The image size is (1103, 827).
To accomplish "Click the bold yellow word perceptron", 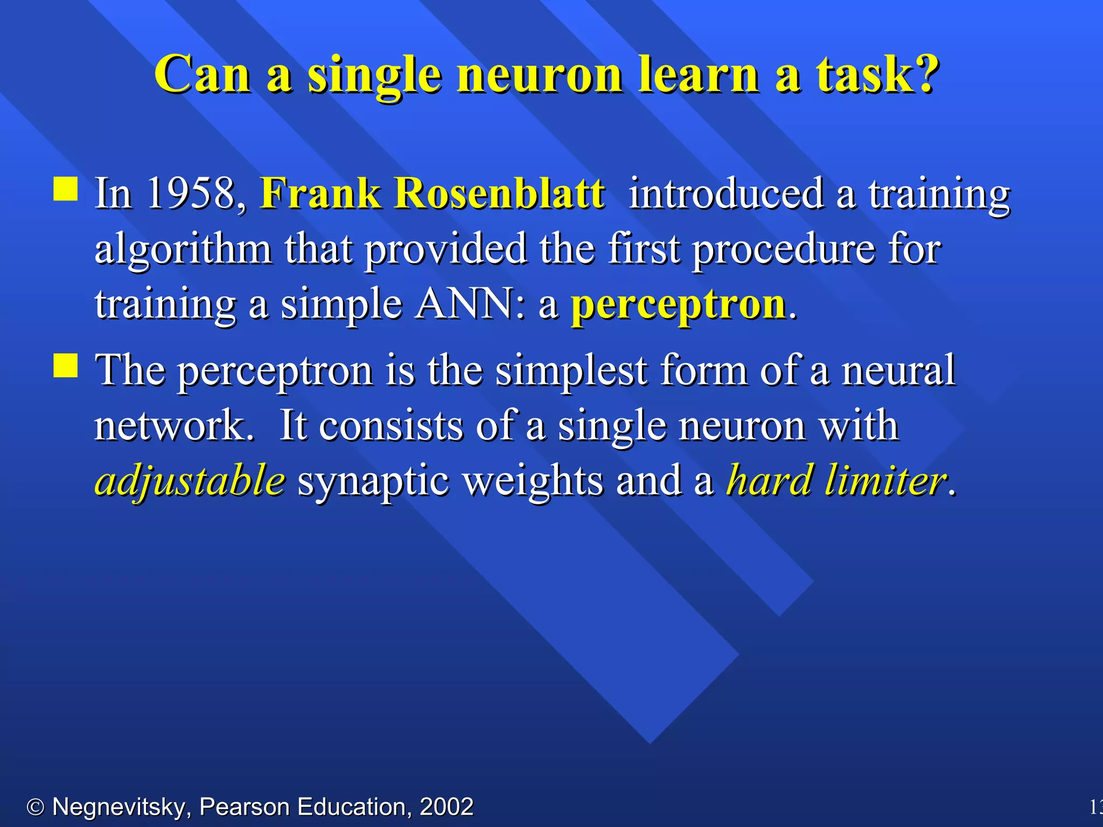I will pyautogui.click(x=679, y=304).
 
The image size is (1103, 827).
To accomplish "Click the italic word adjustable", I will pyautogui.click(x=190, y=480).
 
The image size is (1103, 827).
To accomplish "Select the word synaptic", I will pyautogui.click(x=373, y=480).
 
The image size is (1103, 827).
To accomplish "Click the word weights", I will pyautogui.click(x=533, y=480).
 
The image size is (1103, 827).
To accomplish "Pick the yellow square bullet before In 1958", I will pyautogui.click(x=66, y=189).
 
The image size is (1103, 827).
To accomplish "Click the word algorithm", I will pyautogui.click(x=183, y=249).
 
